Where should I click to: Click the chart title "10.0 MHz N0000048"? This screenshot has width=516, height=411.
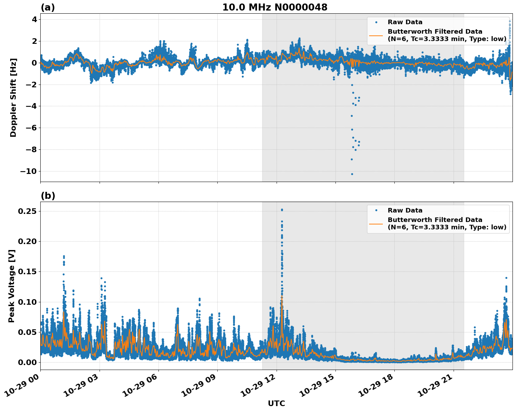point(275,7)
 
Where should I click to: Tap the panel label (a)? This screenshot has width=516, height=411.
point(48,7)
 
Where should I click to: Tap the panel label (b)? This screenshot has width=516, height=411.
point(48,196)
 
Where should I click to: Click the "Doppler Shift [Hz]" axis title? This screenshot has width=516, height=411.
point(13,97)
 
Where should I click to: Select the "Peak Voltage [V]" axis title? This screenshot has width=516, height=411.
point(12,286)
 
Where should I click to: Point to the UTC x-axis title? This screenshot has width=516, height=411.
point(276,403)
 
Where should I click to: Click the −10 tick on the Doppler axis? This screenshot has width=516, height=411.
point(28,171)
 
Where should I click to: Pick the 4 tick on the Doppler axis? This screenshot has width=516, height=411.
point(34,19)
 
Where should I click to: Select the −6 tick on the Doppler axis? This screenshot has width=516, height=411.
point(30,128)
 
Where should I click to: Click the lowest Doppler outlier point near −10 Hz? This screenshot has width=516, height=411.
point(352,174)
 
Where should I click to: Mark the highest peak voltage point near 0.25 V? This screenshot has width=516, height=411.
point(282,210)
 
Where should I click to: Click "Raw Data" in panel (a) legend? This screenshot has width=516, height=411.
point(405,22)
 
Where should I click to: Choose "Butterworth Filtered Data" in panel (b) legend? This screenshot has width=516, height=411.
point(435,220)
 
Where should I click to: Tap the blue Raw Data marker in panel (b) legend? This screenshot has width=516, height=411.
point(376,210)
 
